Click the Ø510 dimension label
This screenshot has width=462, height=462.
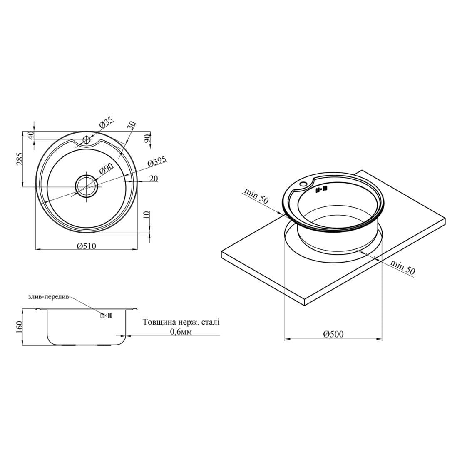point(87,246)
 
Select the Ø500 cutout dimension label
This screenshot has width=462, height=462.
point(333,334)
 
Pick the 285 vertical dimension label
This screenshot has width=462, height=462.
point(19,159)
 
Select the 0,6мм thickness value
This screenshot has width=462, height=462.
point(181,332)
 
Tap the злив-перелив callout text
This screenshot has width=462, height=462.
point(49,297)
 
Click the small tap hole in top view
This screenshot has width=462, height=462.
point(86,139)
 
